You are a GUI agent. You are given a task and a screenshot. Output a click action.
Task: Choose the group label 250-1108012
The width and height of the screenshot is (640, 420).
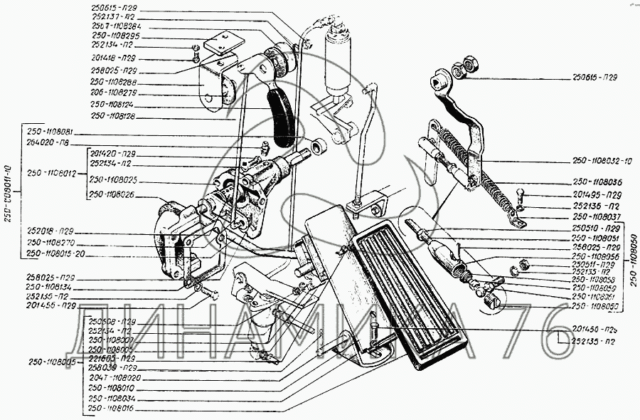[x=52, y=172]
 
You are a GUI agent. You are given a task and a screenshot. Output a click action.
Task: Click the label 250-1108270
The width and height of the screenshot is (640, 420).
[x=51, y=242]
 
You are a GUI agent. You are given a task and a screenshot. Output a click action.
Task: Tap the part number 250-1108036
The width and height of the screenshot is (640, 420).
[x=597, y=182]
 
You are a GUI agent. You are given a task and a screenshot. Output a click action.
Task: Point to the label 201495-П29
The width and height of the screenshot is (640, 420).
[x=597, y=194]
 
